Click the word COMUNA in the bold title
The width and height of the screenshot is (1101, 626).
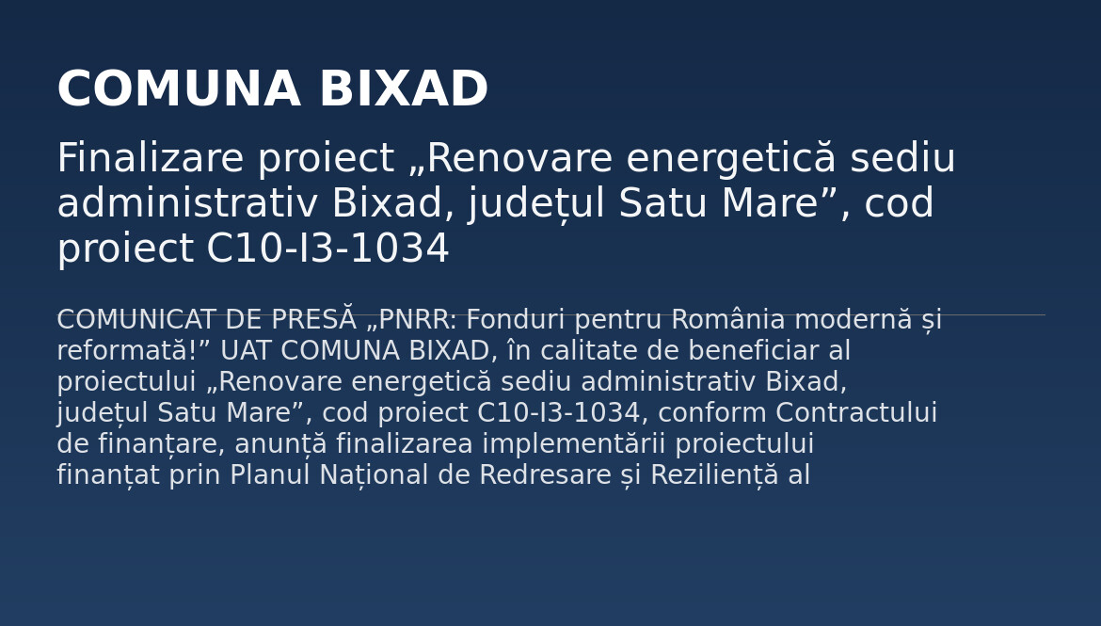pyautogui.click(x=179, y=89)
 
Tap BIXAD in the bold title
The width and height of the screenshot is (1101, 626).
pyautogui.click(x=404, y=89)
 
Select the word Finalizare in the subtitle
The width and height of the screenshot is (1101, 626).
pyautogui.click(x=151, y=158)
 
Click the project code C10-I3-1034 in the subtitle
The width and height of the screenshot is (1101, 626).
pyautogui.click(x=327, y=248)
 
